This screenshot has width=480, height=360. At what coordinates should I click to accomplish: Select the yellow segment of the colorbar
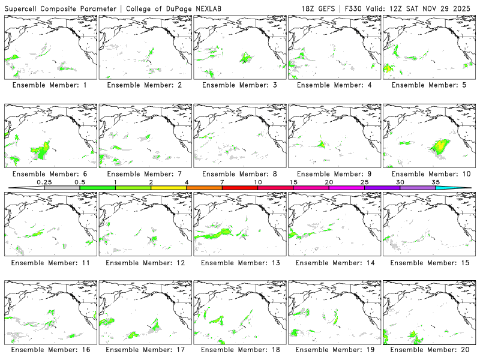click(169, 188)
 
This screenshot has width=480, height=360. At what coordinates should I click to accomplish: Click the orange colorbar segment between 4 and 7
click(204, 188)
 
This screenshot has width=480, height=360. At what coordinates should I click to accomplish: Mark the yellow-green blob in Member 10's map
click(441, 146)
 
